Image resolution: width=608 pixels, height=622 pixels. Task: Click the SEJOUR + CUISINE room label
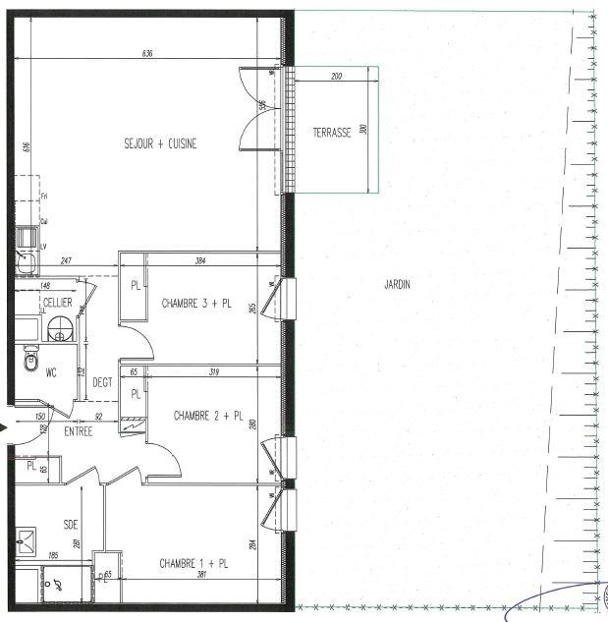[160, 143]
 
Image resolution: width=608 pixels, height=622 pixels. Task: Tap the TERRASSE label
[332, 133]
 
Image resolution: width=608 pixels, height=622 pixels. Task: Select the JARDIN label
[397, 285]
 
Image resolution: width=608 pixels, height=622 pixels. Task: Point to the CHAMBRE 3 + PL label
[196, 305]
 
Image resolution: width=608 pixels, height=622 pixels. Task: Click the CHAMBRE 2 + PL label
[207, 416]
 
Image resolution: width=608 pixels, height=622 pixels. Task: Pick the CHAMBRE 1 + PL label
[194, 564]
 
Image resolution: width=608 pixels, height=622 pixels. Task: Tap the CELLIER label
[57, 303]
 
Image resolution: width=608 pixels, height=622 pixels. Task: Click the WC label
[52, 371]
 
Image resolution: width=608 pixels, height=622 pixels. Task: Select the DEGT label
[103, 383]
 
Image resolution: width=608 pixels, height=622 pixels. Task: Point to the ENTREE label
[79, 432]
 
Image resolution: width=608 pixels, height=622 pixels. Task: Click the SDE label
[70, 525]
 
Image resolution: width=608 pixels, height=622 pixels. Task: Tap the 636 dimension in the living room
[147, 53]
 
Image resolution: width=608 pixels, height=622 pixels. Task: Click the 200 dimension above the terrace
[337, 76]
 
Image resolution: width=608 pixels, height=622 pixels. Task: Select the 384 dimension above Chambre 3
[199, 262]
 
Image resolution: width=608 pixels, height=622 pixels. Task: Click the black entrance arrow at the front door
[5, 427]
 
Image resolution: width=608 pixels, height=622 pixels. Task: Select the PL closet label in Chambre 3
[134, 286]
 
